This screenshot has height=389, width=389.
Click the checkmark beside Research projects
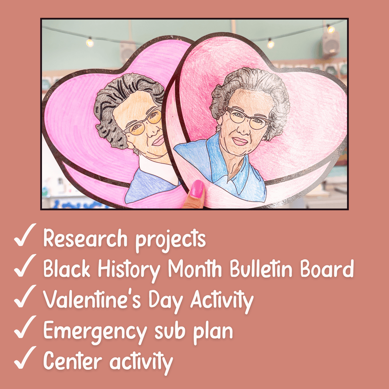25,235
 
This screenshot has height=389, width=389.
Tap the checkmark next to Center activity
25,358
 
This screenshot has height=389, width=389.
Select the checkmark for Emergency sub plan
25,327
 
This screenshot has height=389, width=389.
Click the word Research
85,238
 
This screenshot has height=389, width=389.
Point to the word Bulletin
261,269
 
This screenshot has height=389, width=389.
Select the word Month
195,269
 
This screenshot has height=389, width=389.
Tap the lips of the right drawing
240,141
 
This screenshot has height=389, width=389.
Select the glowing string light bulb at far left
90,43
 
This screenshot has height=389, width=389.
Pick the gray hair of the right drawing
250,81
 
